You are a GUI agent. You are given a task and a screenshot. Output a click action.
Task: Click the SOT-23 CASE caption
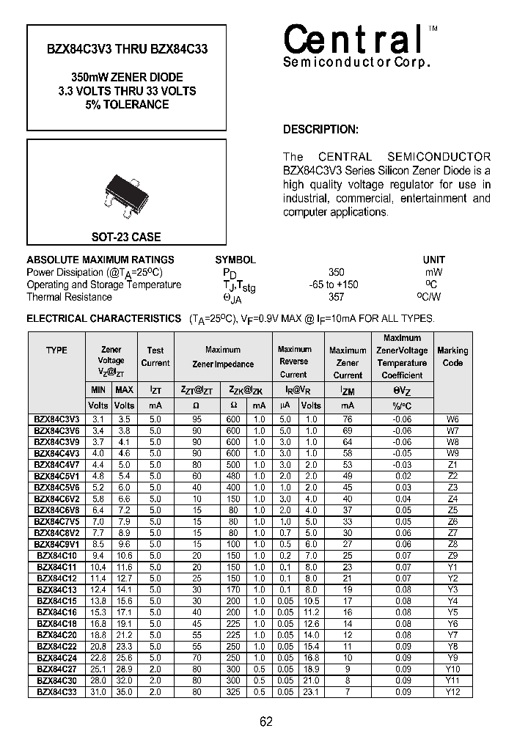pos(125,238)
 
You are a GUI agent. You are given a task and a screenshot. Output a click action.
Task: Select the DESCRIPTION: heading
pos(320,130)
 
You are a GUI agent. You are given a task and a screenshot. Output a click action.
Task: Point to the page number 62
pos(266,721)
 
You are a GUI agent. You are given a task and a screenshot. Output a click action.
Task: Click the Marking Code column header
pos(452,356)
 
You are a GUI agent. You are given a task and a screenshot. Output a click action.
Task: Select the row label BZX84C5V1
pos(56,476)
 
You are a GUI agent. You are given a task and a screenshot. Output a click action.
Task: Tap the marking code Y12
pos(452,691)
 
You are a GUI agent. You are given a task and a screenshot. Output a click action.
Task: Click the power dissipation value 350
pos(336,272)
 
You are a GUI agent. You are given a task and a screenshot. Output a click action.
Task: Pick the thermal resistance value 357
pos(336,297)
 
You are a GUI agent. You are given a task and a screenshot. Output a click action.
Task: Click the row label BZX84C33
pos(56,691)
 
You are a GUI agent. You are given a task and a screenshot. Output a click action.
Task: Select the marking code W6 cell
pos(452,419)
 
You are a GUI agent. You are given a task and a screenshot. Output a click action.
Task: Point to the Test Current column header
pos(155,356)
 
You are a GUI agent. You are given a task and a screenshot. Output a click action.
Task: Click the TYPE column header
pos(56,350)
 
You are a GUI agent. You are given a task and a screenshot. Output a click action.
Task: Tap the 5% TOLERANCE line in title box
pos(127,105)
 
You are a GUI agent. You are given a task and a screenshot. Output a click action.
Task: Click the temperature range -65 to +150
pos(334,284)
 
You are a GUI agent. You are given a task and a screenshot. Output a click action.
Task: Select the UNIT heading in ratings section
pos(433,260)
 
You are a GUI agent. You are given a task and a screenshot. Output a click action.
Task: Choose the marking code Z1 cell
pos(452,464)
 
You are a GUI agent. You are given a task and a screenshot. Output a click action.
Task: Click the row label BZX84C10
pos(56,556)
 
